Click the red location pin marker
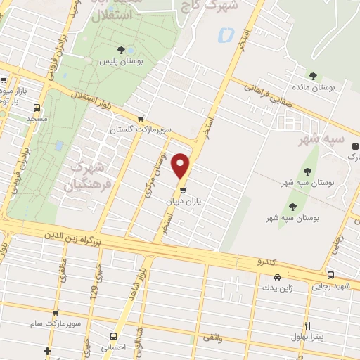coord(182,166)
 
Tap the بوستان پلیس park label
coord(120,63)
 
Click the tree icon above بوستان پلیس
coord(122,49)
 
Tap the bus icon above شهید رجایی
coord(330,275)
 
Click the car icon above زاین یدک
coord(278,277)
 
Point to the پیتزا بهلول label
coord(308,337)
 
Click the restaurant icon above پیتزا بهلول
coord(307,326)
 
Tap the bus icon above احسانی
coord(114,335)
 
